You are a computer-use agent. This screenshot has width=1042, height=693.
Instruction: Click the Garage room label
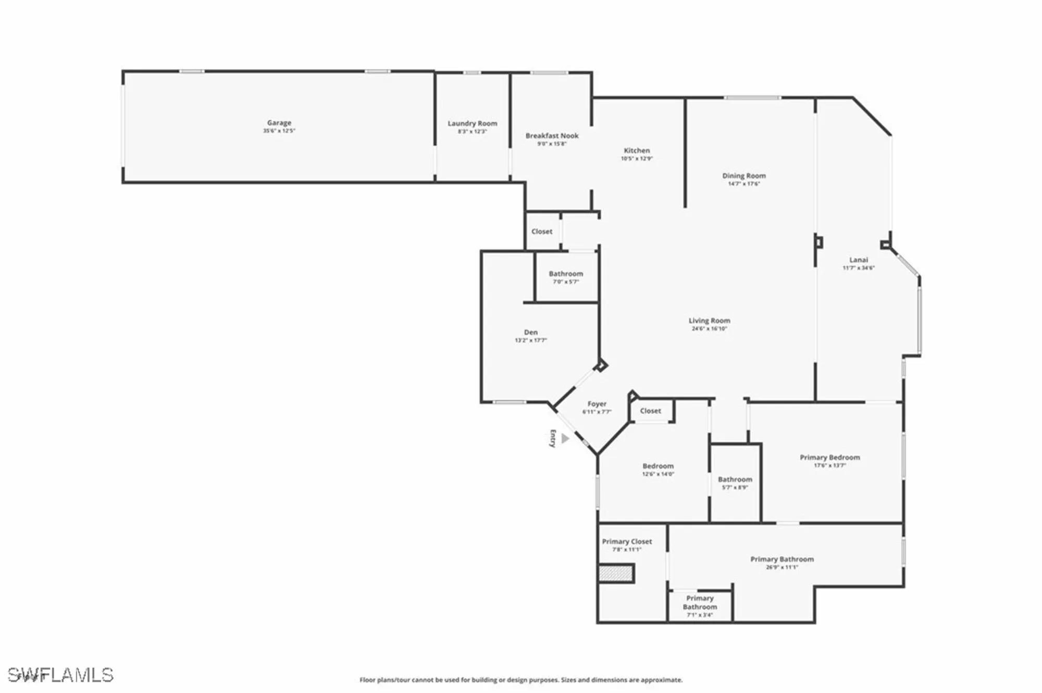[x=279, y=123]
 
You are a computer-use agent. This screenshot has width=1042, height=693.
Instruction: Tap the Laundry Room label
[x=472, y=123]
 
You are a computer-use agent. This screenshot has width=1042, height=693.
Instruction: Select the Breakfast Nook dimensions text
[x=552, y=144]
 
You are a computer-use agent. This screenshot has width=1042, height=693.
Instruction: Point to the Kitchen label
[x=637, y=150]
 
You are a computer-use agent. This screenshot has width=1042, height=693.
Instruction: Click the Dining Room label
[x=743, y=176]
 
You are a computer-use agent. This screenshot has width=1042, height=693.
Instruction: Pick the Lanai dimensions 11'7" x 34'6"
[x=859, y=268]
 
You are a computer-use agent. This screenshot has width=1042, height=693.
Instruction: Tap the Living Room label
[x=709, y=321]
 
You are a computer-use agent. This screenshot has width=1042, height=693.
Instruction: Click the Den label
[x=530, y=332]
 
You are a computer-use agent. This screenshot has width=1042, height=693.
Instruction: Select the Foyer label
[x=597, y=404]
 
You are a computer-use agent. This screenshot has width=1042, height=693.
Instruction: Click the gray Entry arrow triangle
[x=565, y=439]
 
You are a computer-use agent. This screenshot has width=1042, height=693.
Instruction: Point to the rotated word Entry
[x=553, y=438]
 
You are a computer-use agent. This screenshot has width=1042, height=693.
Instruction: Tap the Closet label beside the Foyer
[x=650, y=411]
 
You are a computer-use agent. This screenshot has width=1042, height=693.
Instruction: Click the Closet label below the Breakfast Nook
[x=542, y=232]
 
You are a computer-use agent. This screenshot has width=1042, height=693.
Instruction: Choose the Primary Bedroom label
[x=829, y=458]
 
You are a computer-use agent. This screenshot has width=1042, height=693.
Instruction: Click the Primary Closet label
[x=627, y=541]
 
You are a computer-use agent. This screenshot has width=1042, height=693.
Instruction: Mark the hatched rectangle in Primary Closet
[x=615, y=574]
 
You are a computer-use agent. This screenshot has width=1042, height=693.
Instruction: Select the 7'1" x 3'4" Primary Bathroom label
[x=700, y=606]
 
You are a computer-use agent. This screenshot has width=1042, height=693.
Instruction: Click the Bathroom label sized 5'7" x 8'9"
[x=735, y=480]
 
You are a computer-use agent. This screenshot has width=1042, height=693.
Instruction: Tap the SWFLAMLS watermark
[x=60, y=675]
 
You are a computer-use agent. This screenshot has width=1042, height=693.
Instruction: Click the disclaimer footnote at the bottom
[x=521, y=680]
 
